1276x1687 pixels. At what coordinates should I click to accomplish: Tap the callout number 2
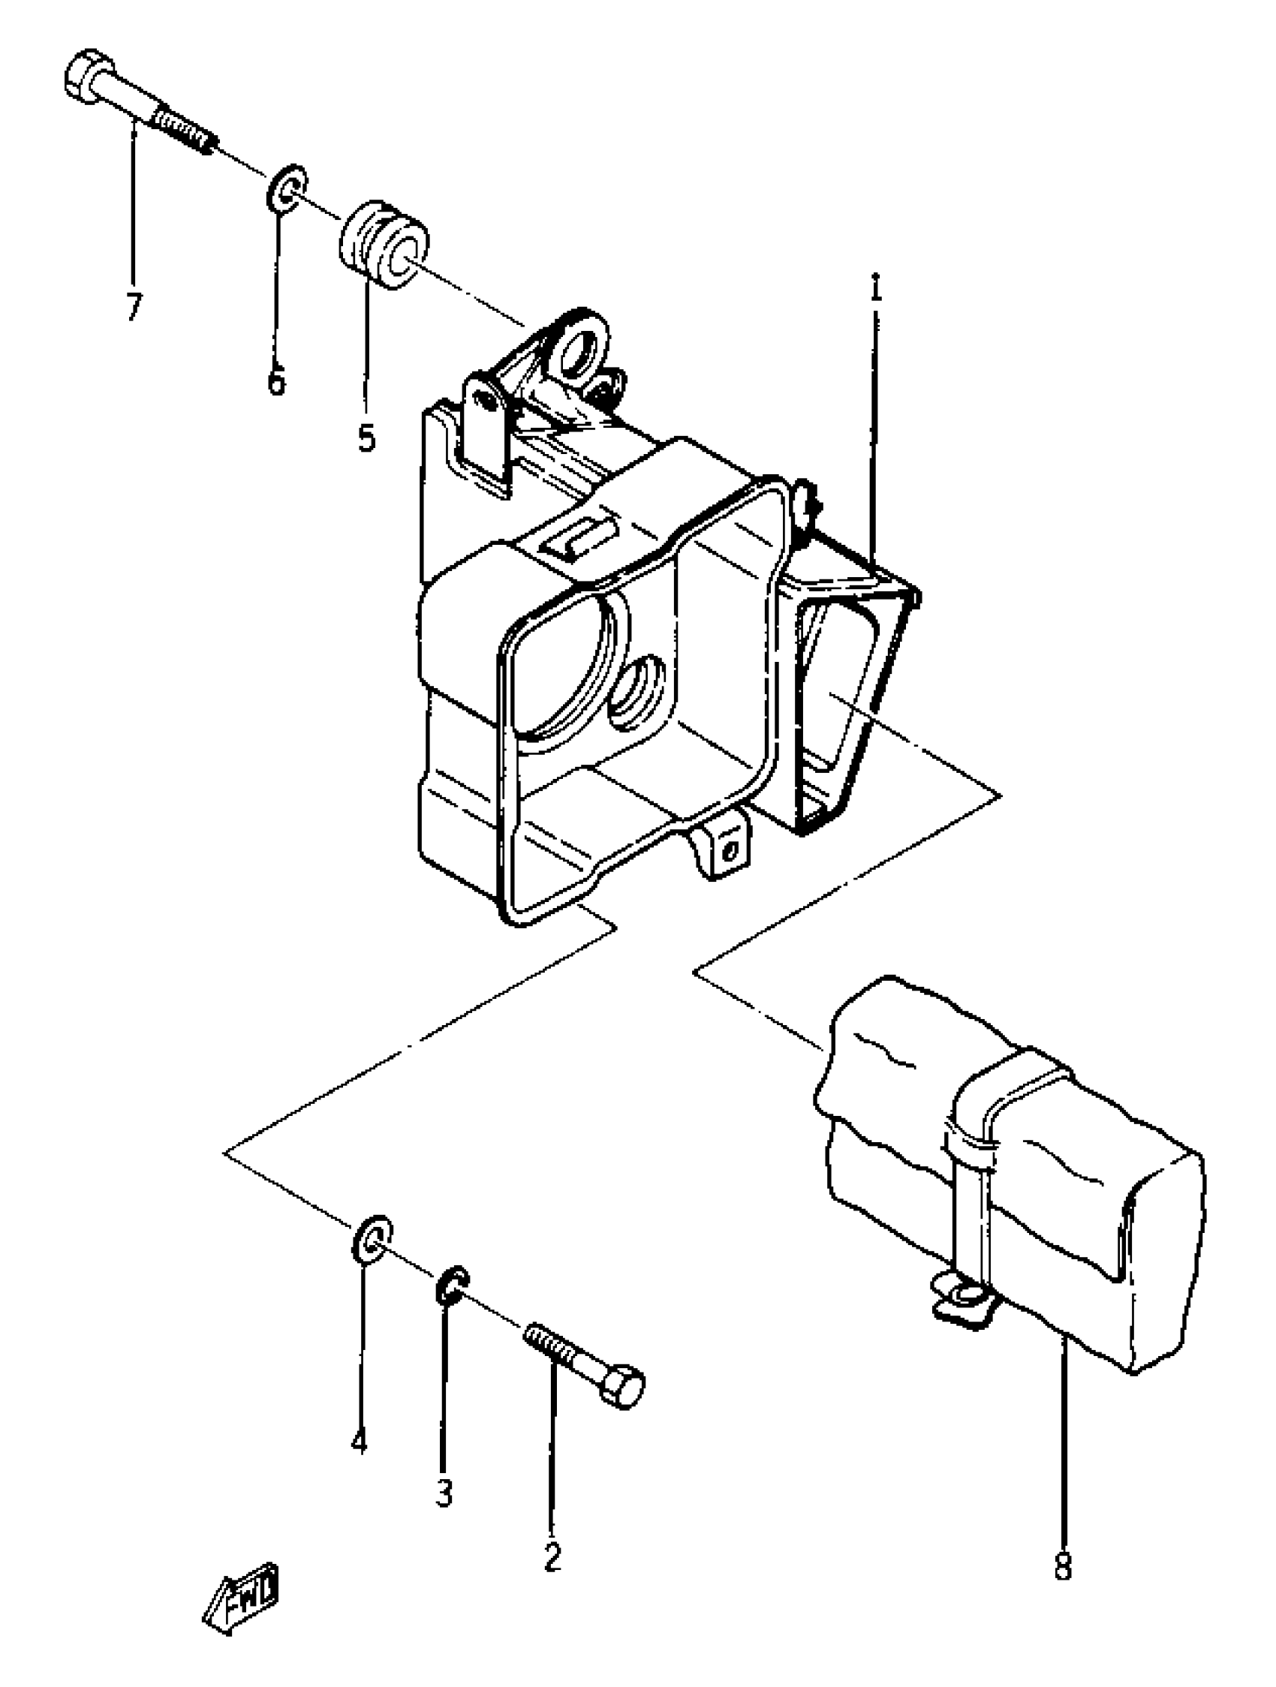coord(552,1555)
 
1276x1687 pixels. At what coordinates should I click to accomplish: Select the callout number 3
coord(444,1490)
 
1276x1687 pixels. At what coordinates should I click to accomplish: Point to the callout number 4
coord(360,1441)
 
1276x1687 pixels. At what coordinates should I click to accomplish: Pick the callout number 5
coord(367,438)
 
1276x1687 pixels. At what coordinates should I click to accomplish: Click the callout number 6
coord(275,379)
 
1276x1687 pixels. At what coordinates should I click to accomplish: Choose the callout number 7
coord(134,307)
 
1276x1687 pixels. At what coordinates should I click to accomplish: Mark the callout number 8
coord(1062,1566)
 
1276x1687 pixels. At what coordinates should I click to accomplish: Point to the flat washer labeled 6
coord(287,188)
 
